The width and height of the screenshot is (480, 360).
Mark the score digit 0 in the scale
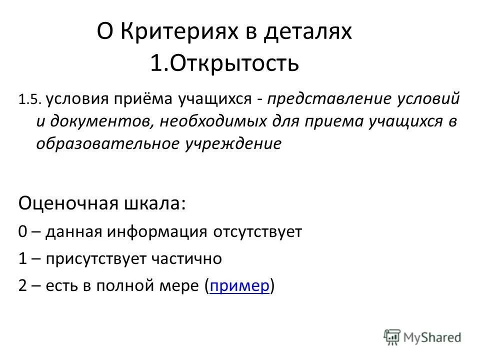(23, 232)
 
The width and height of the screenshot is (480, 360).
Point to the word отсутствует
(257, 232)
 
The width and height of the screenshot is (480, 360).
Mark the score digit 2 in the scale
(23, 286)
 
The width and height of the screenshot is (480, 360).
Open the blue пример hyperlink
(240, 286)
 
